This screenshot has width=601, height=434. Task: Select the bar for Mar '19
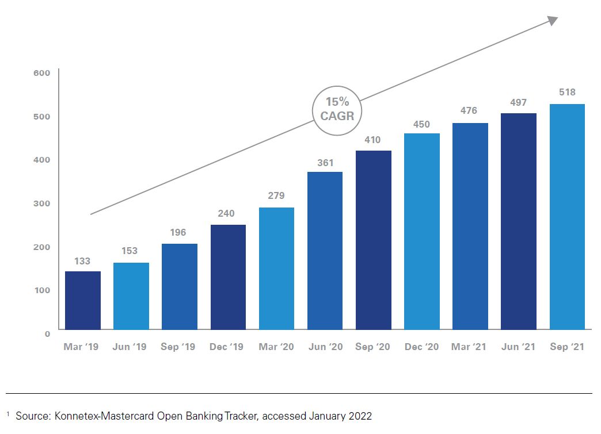point(83,300)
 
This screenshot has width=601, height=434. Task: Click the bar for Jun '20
point(325,251)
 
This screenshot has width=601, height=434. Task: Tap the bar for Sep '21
point(567,217)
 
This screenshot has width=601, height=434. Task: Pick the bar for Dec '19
point(228,277)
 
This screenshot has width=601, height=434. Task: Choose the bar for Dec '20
point(422,231)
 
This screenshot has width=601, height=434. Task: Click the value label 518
point(567,92)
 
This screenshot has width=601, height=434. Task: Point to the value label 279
point(276,195)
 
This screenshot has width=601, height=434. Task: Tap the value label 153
point(131,251)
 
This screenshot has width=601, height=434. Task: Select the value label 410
point(373,140)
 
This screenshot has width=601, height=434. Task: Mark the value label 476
point(469,110)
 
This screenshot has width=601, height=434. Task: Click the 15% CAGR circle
point(336,111)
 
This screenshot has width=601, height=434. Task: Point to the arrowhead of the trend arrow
point(553,21)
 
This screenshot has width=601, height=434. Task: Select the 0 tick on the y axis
point(47,333)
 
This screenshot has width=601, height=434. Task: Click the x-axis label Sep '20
point(373,347)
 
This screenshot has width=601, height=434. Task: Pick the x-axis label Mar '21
point(470,347)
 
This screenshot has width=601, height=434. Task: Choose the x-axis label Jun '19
point(131,347)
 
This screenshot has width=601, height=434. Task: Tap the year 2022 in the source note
point(360,416)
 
